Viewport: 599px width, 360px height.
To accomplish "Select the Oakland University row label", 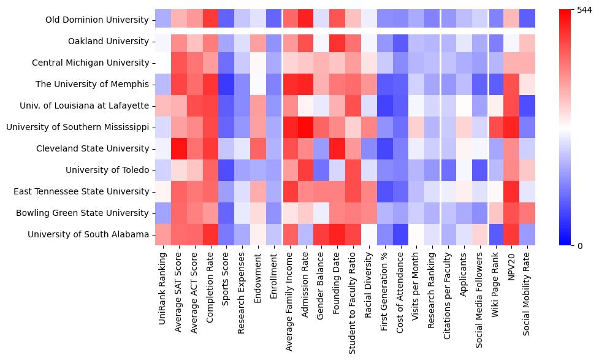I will [109, 41].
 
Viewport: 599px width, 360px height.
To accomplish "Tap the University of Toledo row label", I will [107, 170].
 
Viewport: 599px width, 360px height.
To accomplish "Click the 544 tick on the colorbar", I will [585, 10].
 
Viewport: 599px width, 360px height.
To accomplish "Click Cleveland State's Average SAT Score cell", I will [179, 148].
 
